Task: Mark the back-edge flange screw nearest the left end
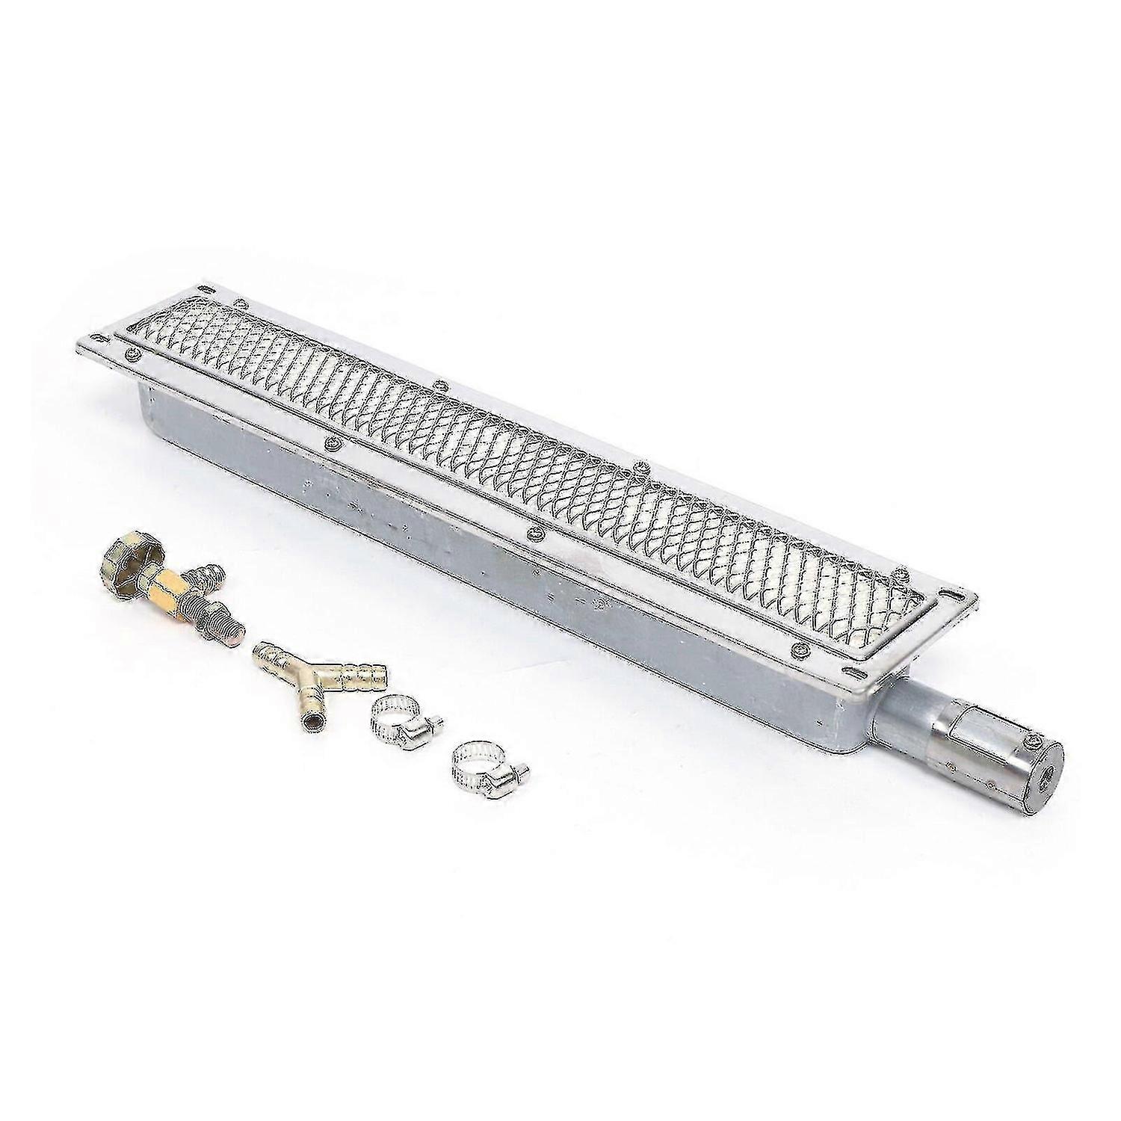(241, 303)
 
